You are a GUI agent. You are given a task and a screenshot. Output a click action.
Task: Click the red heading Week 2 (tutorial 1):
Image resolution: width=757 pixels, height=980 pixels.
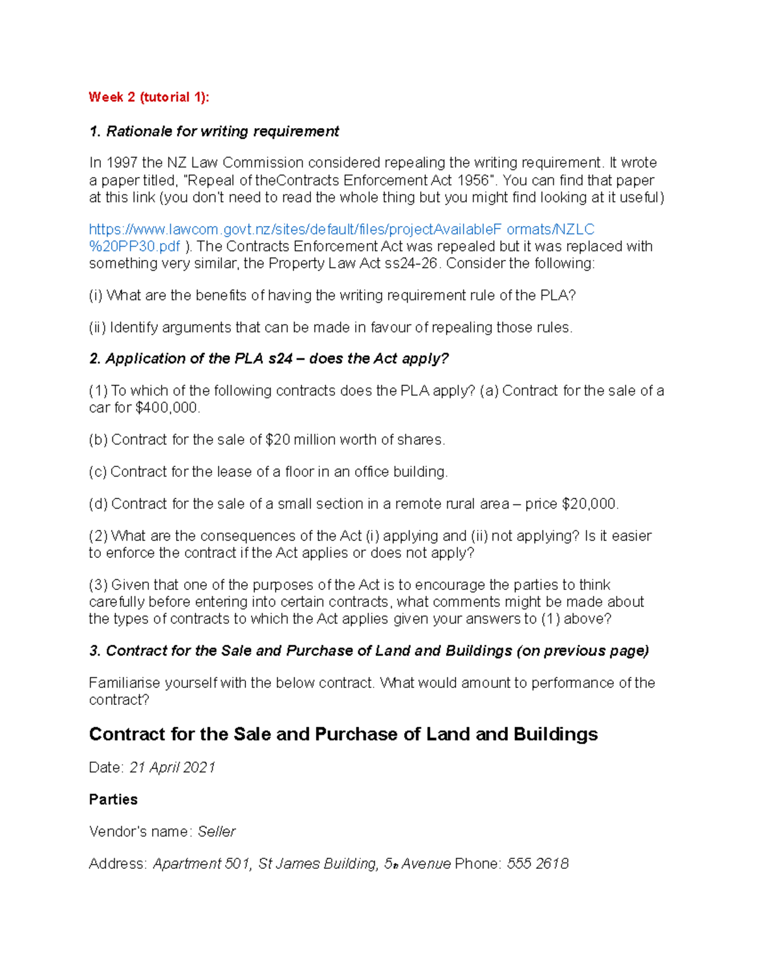click(148, 97)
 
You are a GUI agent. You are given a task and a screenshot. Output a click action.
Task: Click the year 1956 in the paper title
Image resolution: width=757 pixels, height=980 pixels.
click(472, 180)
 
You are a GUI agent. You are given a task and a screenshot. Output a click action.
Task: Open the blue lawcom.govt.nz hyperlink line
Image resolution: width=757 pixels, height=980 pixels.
click(341, 229)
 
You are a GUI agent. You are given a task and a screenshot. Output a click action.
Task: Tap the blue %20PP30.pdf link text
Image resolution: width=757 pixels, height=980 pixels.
click(134, 246)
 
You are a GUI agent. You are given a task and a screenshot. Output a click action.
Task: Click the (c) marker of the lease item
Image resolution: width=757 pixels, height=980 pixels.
click(98, 472)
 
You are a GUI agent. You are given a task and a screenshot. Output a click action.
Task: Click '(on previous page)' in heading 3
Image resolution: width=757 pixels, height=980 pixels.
click(582, 651)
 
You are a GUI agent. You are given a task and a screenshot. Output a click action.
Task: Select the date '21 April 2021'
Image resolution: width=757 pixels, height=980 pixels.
click(172, 767)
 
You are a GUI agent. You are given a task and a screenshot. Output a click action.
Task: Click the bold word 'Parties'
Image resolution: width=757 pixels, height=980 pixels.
click(113, 800)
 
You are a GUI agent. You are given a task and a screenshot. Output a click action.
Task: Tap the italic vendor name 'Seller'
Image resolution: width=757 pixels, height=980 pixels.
click(216, 832)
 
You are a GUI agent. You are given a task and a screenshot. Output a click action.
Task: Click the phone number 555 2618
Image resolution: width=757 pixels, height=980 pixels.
click(537, 864)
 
